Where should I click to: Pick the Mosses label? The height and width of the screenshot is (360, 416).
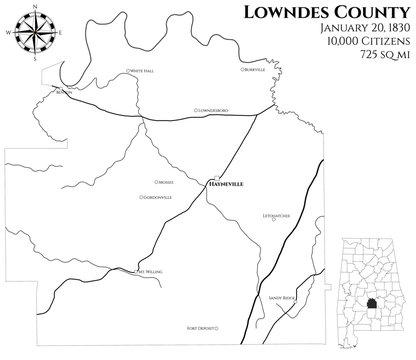click(165, 182)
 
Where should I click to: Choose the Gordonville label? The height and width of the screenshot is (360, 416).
click(161, 197)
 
